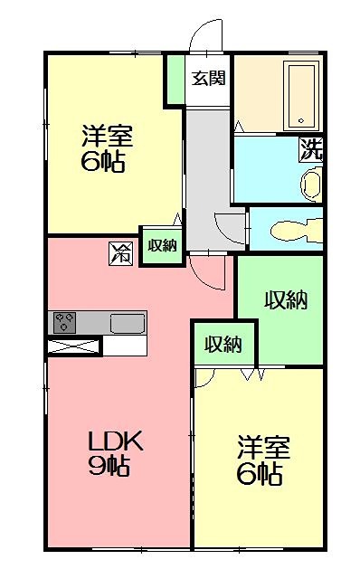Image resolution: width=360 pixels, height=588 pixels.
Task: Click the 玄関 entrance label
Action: [x=207, y=78]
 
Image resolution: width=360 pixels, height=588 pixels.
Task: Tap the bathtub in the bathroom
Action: [x=302, y=96]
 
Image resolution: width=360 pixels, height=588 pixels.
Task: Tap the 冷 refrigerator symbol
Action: [x=122, y=253]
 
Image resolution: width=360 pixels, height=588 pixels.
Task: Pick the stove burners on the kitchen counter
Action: [x=65, y=322]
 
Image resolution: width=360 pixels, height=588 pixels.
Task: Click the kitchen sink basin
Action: [x=128, y=323]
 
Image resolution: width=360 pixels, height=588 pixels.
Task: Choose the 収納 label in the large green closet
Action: [x=284, y=300]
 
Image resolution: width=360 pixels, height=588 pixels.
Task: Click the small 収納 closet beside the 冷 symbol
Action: [x=161, y=244]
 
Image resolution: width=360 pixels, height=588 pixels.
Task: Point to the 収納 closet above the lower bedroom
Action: [x=223, y=344]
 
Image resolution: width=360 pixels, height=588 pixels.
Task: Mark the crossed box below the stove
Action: [x=73, y=346]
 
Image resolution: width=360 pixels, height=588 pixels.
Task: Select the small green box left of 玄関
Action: [x=174, y=80]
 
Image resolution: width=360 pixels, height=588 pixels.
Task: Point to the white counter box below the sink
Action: [x=125, y=346]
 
